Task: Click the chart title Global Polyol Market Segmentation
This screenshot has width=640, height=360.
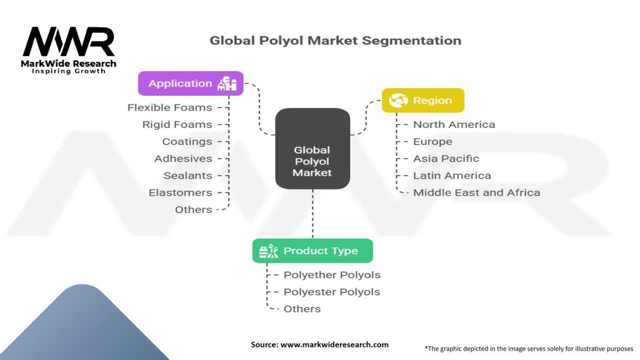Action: (335, 41)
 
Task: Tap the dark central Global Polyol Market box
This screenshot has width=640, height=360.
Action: (312, 149)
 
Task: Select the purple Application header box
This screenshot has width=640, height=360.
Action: (191, 83)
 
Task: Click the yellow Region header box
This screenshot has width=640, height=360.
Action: (423, 100)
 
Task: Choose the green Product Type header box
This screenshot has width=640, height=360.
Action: (312, 251)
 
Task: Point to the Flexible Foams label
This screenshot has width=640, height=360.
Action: (169, 107)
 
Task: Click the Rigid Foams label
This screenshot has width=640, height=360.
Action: (177, 124)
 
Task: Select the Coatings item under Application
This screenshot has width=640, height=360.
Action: (187, 141)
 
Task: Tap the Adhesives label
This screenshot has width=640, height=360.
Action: (183, 158)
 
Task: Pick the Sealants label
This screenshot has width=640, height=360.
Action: (187, 176)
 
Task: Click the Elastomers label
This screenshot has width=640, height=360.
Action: (180, 192)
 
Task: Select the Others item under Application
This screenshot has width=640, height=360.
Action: (193, 209)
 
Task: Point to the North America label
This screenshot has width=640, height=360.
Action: (454, 124)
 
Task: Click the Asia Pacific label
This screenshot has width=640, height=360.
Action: (446, 158)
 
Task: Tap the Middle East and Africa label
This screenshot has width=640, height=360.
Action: (476, 192)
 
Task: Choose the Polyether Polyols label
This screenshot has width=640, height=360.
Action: (332, 274)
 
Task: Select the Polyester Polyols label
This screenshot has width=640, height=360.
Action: (332, 292)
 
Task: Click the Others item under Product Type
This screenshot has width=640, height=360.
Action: (302, 309)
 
